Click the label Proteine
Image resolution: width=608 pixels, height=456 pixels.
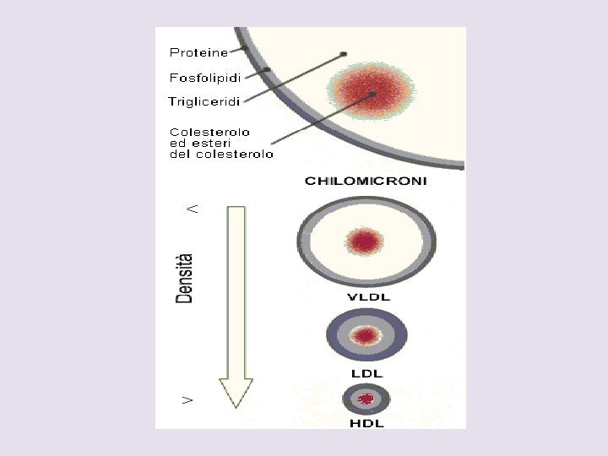pyautogui.click(x=198, y=52)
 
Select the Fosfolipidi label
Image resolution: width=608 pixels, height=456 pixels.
pyautogui.click(x=205, y=78)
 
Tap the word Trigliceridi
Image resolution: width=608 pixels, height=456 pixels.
pyautogui.click(x=204, y=102)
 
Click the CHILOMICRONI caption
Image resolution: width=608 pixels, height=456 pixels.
pyautogui.click(x=366, y=181)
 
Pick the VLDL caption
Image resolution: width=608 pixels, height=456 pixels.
pyautogui.click(x=368, y=296)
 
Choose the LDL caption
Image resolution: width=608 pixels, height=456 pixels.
pyautogui.click(x=367, y=372)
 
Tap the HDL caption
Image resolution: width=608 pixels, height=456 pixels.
pyautogui.click(x=366, y=422)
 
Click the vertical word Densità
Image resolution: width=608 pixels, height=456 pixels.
pyautogui.click(x=184, y=278)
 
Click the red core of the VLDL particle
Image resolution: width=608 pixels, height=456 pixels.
pyautogui.click(x=365, y=242)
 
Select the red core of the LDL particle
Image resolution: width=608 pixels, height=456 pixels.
pyautogui.click(x=366, y=336)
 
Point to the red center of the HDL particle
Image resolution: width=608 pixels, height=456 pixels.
pyautogui.click(x=366, y=399)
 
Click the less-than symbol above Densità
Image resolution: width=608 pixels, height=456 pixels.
pyautogui.click(x=193, y=207)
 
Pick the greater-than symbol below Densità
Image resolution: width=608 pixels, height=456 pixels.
pyautogui.click(x=188, y=399)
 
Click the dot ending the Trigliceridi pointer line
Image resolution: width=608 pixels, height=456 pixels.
pyautogui.click(x=344, y=55)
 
